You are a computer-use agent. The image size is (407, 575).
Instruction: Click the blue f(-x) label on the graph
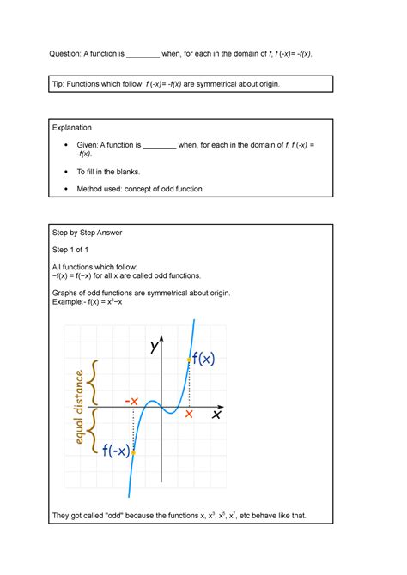tap(115, 451)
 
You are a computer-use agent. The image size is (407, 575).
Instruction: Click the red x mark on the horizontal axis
tap(189, 414)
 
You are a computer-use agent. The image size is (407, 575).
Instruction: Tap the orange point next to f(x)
tap(189, 359)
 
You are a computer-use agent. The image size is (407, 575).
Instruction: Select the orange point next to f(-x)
tap(133, 451)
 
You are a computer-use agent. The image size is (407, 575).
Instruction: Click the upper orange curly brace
tap(97, 382)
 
